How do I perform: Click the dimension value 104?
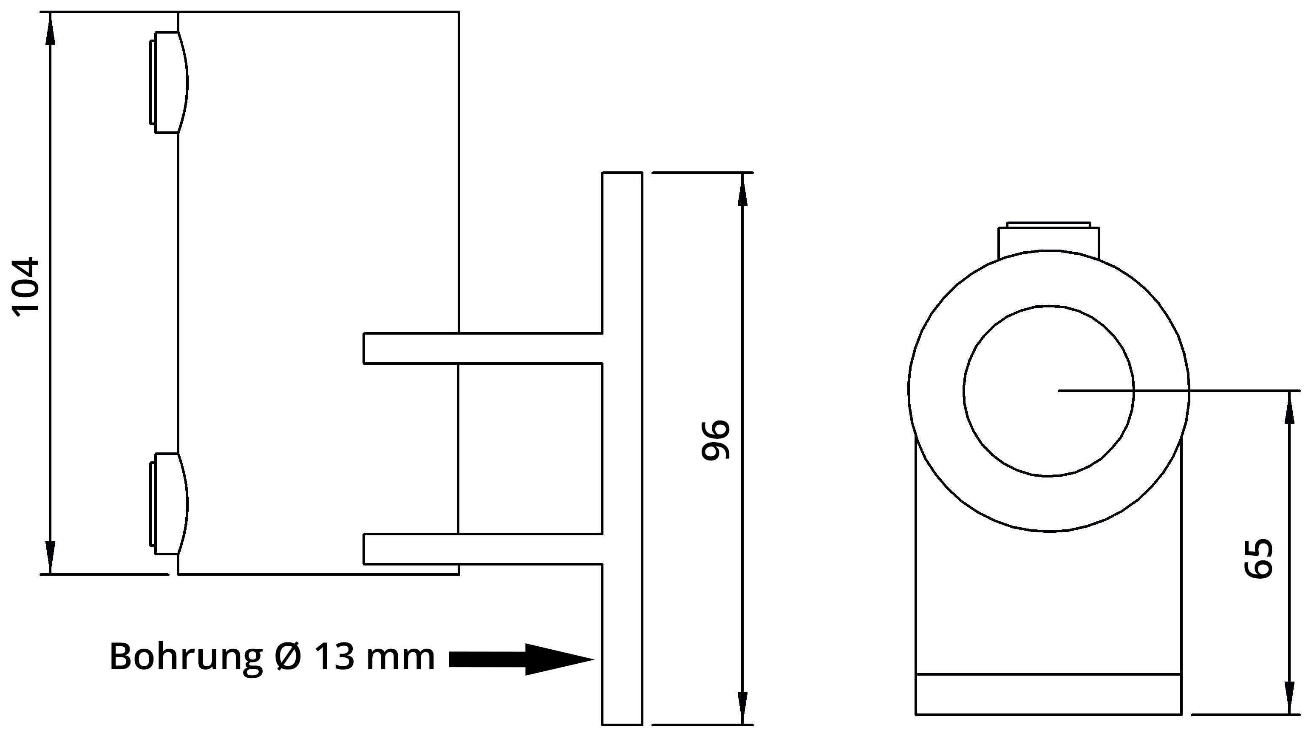coord(25,287)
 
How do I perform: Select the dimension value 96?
coord(716,440)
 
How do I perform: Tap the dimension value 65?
coord(1259,558)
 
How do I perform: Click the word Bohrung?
coord(186,657)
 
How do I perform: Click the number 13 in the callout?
coord(334,657)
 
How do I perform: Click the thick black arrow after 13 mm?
coord(520,659)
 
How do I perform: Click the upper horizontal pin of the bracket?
coord(482,348)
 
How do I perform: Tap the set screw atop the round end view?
coord(1049,240)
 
